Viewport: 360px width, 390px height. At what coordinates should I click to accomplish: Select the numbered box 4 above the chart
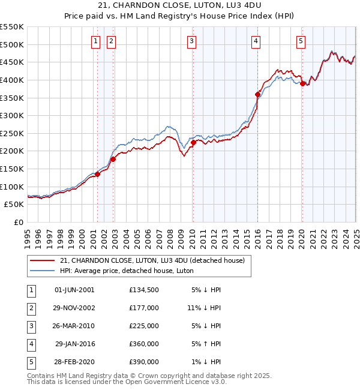(256, 41)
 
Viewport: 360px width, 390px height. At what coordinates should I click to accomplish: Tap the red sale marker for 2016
(257, 94)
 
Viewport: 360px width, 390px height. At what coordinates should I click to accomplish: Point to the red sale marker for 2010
(193, 142)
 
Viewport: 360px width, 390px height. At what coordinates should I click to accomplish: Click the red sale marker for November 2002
(113, 159)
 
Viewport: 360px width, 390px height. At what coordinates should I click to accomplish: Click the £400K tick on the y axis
(12, 80)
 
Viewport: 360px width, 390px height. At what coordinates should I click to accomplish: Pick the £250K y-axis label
(12, 133)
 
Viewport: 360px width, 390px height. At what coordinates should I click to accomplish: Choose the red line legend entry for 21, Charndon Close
(152, 261)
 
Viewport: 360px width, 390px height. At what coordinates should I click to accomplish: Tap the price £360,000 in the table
(143, 344)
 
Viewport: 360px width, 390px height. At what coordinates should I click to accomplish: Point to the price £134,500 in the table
(143, 290)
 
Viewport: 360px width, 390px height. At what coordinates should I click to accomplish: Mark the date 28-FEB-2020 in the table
(74, 362)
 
